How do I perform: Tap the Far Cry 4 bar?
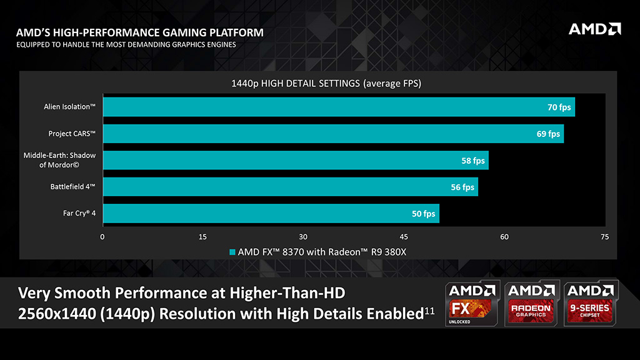[271, 214]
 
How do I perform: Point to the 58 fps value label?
[473, 161]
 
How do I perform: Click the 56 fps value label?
[462, 187]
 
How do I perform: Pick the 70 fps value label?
[559, 107]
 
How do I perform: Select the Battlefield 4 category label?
[72, 186]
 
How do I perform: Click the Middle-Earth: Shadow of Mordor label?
[59, 160]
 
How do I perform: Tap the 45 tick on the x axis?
[404, 237]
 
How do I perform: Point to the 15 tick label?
[202, 237]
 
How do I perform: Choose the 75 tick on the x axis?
[604, 237]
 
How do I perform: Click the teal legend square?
[232, 252]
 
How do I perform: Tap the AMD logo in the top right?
[594, 29]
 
